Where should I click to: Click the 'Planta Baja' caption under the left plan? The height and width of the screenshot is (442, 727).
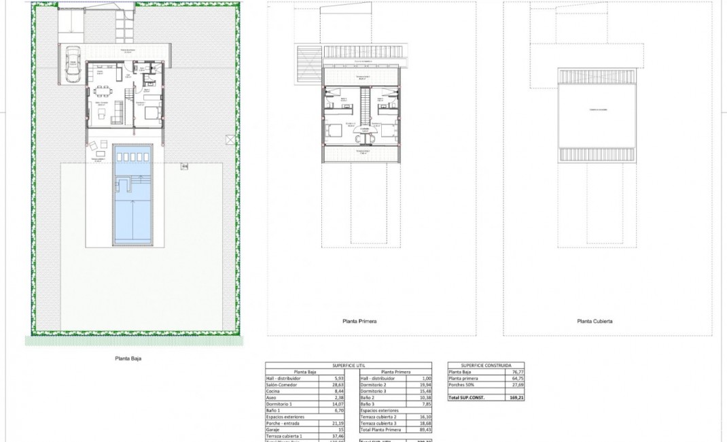point(128,358)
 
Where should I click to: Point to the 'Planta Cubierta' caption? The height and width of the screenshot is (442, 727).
point(595,321)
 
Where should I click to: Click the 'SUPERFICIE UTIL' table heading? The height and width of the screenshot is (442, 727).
point(349,365)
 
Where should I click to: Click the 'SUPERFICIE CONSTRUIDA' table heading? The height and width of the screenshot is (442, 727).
point(486,365)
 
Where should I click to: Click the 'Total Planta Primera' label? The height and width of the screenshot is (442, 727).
point(383,430)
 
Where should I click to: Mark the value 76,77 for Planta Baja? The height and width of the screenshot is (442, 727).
point(514,372)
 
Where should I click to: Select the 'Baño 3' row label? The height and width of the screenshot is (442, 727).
point(368,404)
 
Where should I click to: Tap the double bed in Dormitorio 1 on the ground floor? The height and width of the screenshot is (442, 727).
point(152,111)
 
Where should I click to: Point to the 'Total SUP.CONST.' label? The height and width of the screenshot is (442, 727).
point(467,396)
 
